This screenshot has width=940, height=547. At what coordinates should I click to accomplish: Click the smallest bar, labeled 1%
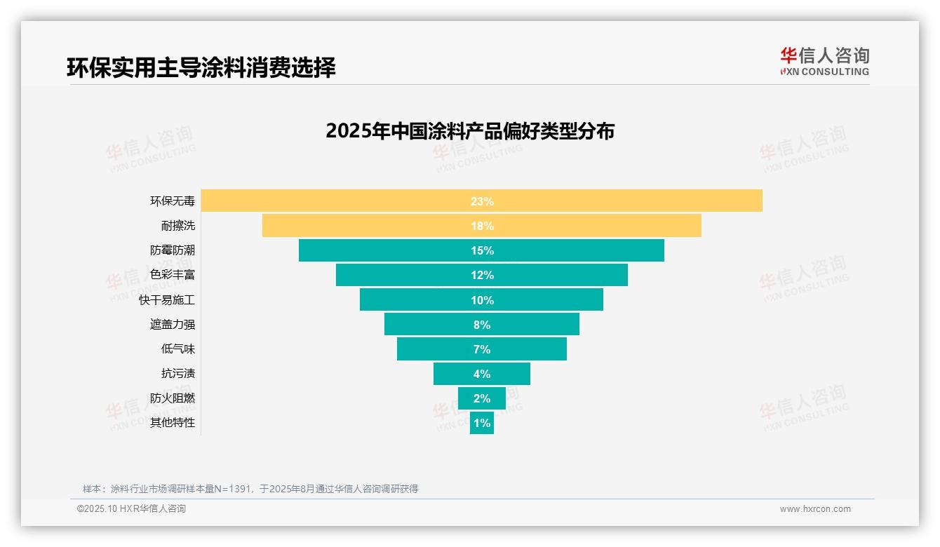(x=482, y=423)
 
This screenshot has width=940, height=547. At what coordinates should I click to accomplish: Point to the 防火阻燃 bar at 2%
(x=482, y=398)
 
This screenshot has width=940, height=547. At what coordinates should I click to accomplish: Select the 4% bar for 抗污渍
(x=482, y=374)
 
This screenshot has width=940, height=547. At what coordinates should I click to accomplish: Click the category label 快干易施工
(x=167, y=299)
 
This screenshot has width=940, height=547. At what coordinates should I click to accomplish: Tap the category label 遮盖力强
(x=173, y=324)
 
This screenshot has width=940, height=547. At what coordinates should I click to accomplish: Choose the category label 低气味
(x=178, y=349)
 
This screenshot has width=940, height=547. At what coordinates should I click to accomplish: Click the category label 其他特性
(x=173, y=423)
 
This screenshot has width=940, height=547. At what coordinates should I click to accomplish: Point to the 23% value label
(x=482, y=201)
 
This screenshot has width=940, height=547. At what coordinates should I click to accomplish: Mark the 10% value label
(x=482, y=300)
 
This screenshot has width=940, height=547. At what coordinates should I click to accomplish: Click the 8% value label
(x=482, y=325)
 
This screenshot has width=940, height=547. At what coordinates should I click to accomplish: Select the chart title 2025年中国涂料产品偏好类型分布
(x=470, y=131)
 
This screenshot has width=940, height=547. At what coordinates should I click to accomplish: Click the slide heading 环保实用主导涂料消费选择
(x=201, y=67)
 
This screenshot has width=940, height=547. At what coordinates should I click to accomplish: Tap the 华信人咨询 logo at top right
(x=824, y=61)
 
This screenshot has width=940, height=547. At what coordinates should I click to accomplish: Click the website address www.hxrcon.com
(x=815, y=509)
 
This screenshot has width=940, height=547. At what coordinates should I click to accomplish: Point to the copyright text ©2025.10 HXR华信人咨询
(x=131, y=509)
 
